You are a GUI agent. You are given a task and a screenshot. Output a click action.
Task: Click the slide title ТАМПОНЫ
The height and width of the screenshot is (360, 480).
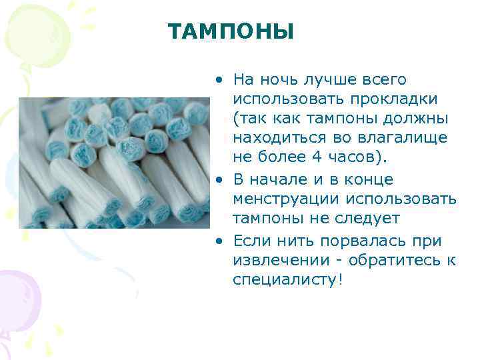231,31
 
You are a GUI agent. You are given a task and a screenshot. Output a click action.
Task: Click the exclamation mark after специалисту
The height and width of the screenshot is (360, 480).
341,279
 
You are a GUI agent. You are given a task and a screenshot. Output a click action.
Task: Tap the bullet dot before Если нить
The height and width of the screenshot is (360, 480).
218,241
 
